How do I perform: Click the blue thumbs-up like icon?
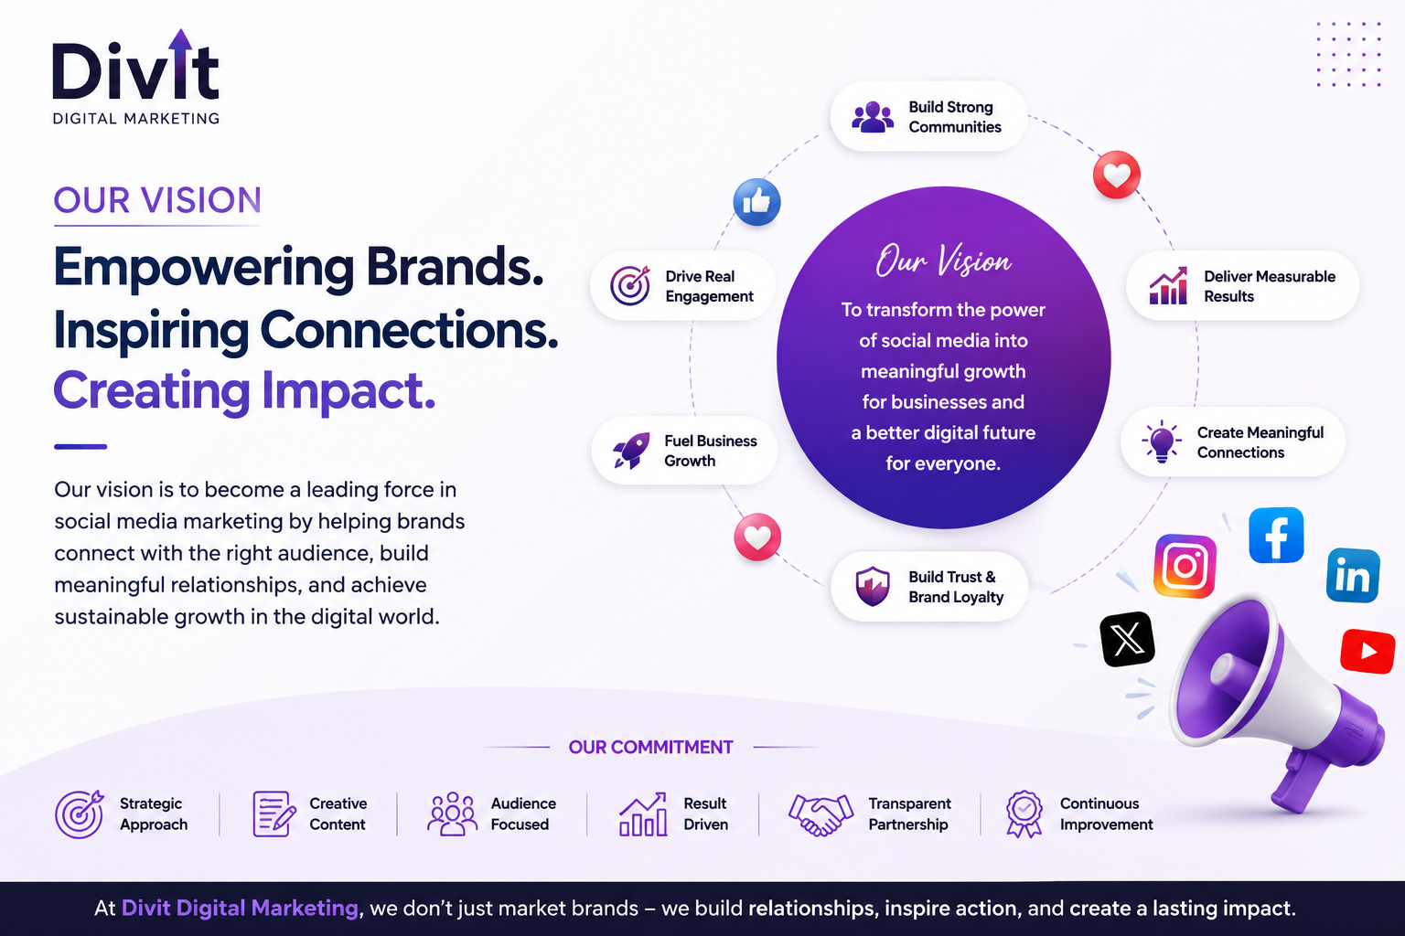pos(757,202)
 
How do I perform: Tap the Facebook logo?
pos(1276,536)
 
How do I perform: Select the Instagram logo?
pos(1185,566)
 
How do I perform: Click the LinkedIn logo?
pos(1353,576)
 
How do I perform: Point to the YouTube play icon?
pos(1368,651)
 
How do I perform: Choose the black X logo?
pos(1127,639)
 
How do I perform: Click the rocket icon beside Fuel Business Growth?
pos(631,450)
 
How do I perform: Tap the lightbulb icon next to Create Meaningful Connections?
pos(1162,441)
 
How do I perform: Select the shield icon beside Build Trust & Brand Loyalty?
pos(873,586)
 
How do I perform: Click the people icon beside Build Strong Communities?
pos(873,117)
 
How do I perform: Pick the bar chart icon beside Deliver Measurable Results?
pos(1168,286)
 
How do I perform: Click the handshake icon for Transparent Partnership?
pos(820,814)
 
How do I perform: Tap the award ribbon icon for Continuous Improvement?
pos(1024,814)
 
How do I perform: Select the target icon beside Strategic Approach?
pos(79,814)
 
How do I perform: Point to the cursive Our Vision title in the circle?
pos(943,261)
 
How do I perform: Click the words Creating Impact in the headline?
pos(244,390)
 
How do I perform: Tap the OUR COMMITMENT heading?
pos(650,748)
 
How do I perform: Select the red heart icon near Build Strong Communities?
pos(1117,175)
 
